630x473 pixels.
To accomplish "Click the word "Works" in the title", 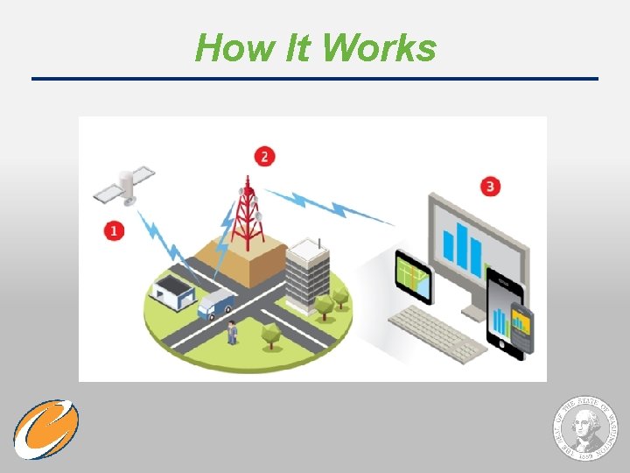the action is (x=379, y=48).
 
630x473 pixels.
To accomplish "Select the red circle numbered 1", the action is (x=113, y=230).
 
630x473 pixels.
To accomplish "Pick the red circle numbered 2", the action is (x=264, y=157).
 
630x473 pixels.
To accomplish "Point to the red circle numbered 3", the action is (x=490, y=187).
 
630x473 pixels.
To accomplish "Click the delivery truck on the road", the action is (x=215, y=303).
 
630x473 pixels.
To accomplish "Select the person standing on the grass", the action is (x=232, y=333).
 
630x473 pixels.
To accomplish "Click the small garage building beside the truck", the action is (x=172, y=288).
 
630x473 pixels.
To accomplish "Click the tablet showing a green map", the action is (x=413, y=277).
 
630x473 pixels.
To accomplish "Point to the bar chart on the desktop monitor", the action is (x=463, y=244).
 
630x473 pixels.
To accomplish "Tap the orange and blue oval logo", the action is (x=45, y=429).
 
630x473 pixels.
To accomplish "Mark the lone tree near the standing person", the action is (x=269, y=333).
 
